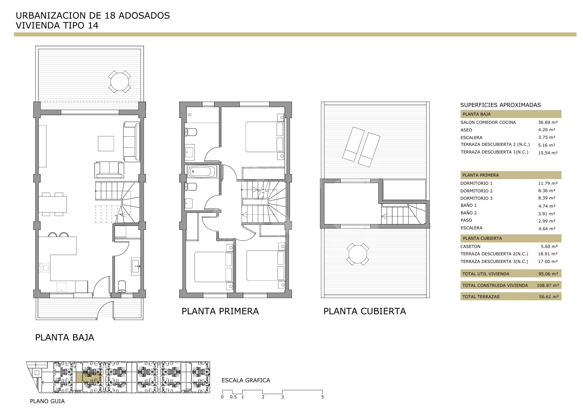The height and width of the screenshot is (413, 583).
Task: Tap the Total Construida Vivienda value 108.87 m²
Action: point(548,285)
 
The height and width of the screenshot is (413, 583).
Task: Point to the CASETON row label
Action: point(470,246)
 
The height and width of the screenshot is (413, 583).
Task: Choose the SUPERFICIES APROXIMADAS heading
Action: point(501,105)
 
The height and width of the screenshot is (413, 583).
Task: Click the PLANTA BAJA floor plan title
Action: point(65,337)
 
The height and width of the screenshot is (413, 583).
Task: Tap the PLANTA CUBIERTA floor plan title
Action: point(365,311)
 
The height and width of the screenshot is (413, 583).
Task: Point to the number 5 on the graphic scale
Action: point(322,397)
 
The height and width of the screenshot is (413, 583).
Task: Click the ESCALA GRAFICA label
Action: point(246,380)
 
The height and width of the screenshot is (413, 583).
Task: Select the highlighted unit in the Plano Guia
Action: point(88,377)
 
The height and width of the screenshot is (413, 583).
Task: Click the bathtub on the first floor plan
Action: point(202,172)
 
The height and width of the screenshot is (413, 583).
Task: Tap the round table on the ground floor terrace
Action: point(119,82)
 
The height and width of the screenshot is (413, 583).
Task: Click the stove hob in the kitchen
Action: point(44,268)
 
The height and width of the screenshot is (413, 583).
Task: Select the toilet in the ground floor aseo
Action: point(122,287)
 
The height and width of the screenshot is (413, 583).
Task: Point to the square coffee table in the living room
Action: point(106,143)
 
